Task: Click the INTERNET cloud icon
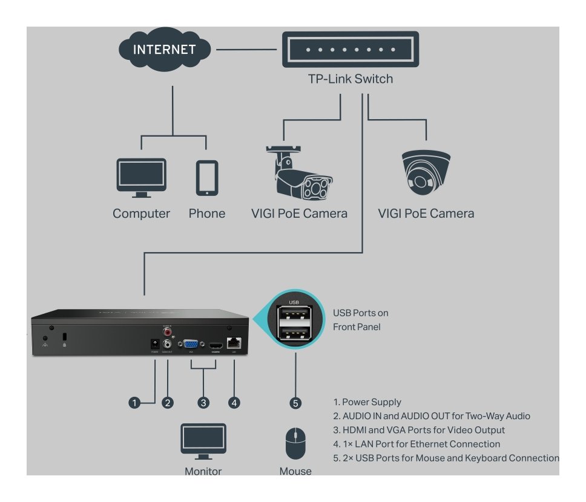(164, 49)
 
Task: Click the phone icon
(206, 178)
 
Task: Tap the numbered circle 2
(168, 402)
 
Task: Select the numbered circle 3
(204, 402)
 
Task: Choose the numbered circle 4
(234, 402)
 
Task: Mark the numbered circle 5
(295, 402)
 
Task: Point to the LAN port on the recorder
(234, 342)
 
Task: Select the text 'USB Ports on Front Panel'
(361, 320)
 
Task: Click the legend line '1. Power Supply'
(367, 402)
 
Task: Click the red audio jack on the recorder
(166, 331)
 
